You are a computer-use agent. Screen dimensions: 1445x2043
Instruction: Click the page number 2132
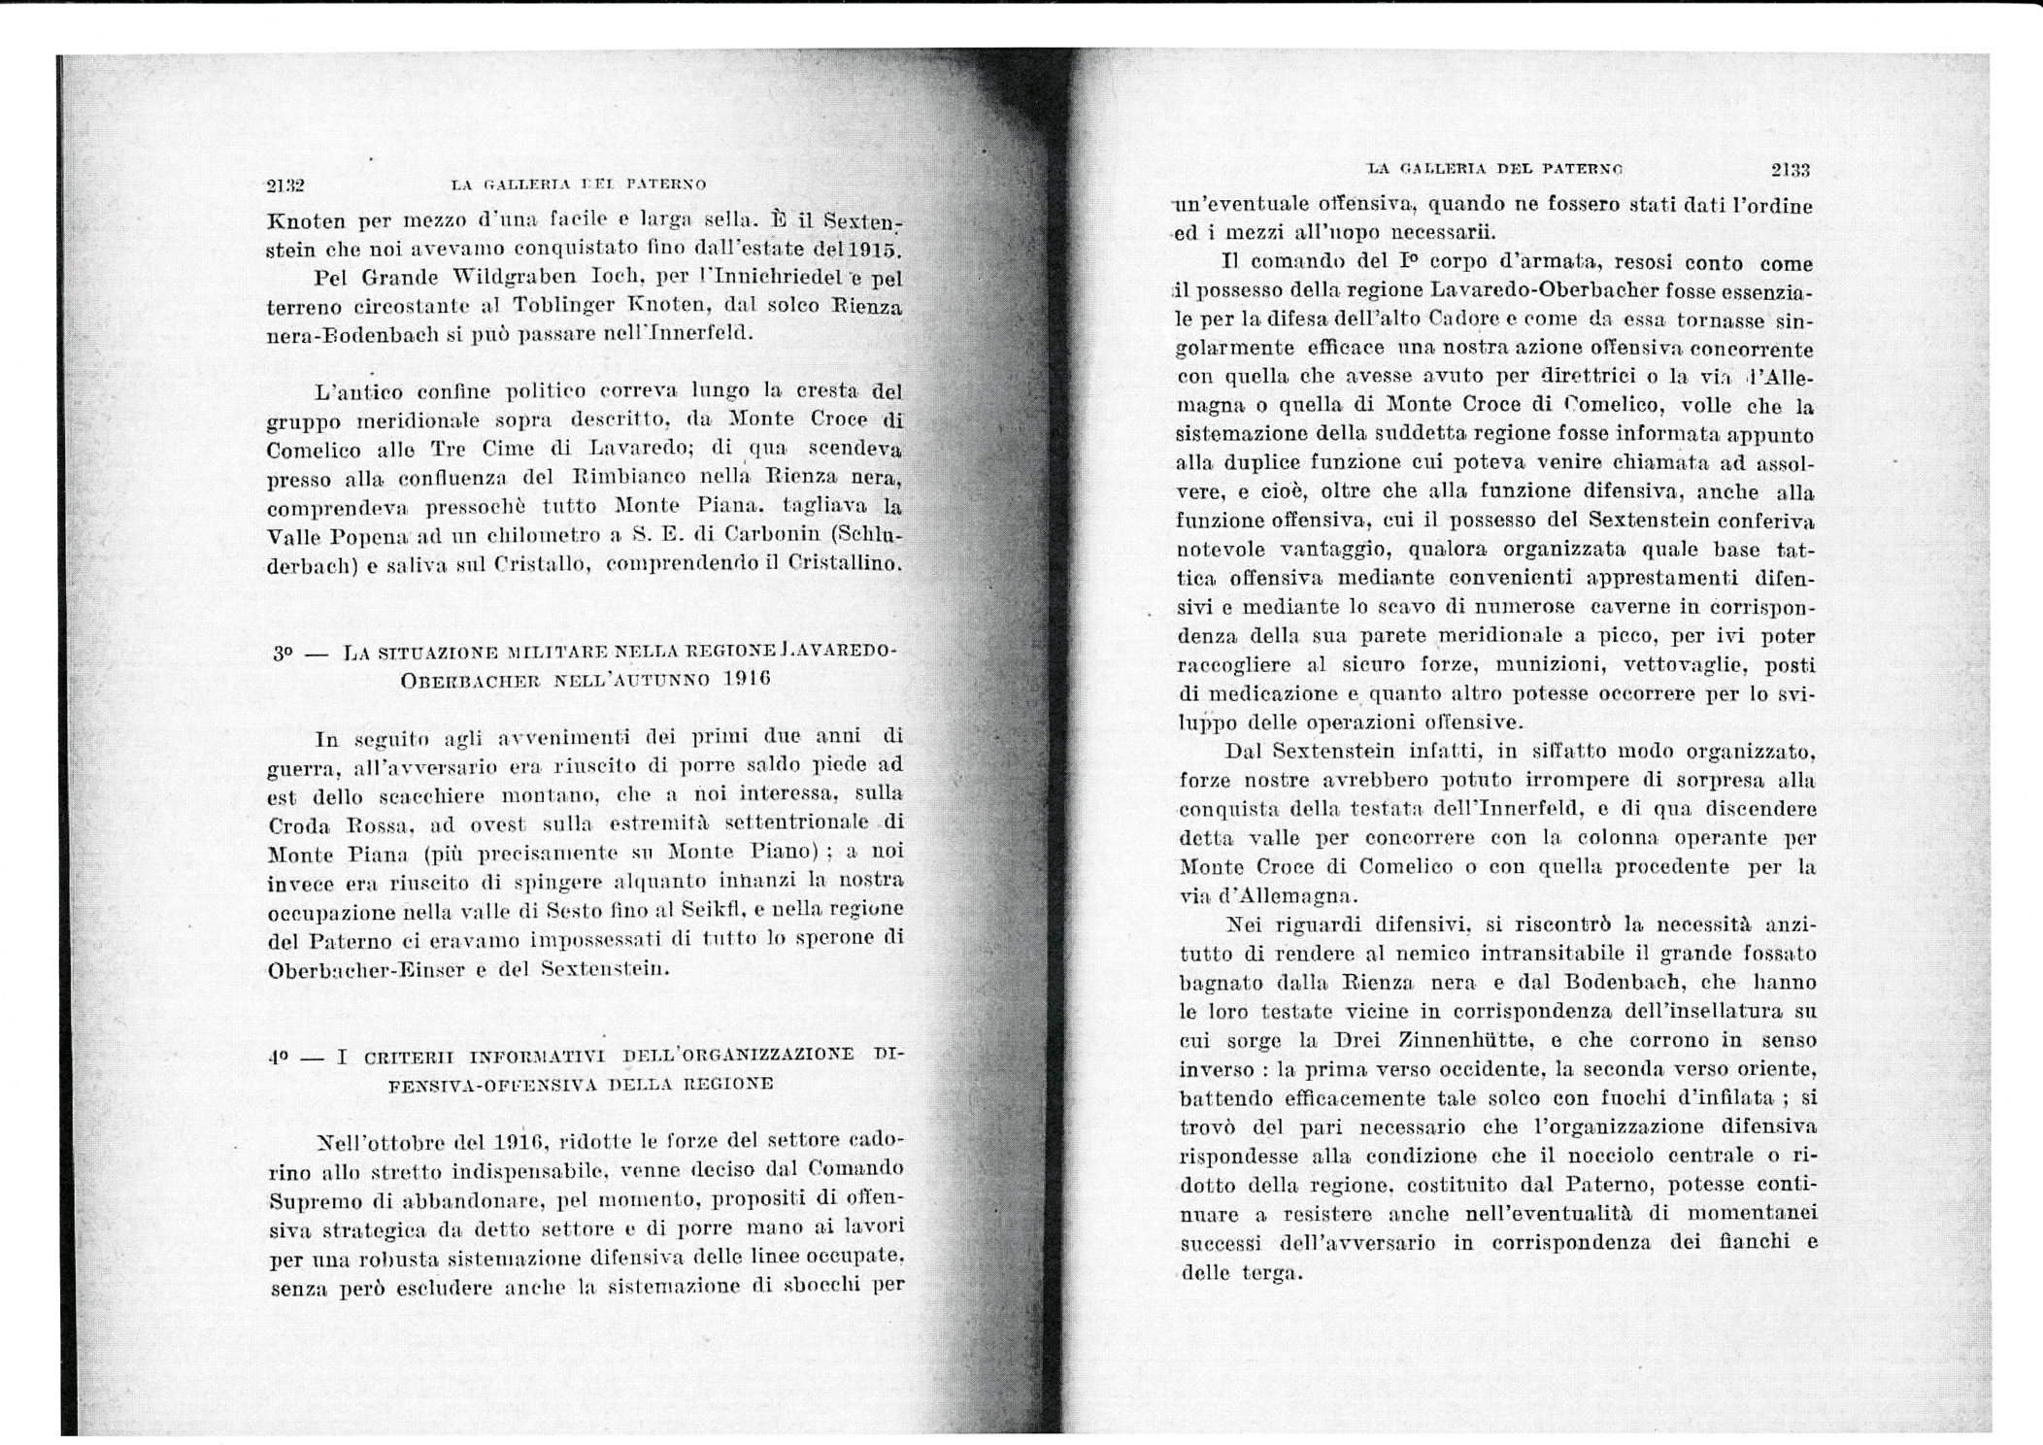(x=285, y=184)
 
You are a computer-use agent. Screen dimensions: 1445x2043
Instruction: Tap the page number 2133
(x=1790, y=170)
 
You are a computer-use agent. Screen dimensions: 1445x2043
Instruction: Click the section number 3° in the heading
(x=283, y=654)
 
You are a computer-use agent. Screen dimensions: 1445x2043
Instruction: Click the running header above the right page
(x=1494, y=169)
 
